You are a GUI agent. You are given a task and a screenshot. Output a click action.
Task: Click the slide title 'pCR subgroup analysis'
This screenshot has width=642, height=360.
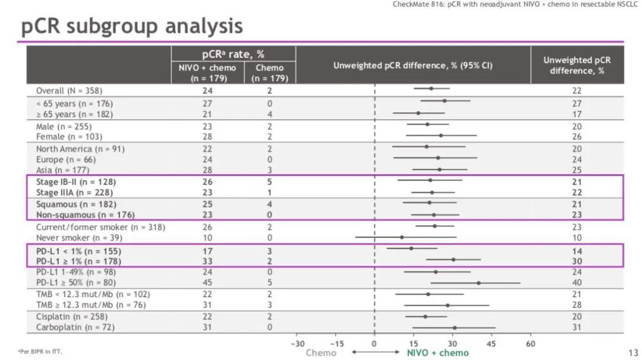(x=132, y=27)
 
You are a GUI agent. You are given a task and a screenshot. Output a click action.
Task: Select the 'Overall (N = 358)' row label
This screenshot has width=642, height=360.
(x=69, y=91)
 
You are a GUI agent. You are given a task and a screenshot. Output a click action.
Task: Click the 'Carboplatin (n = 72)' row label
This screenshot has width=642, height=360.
(x=75, y=327)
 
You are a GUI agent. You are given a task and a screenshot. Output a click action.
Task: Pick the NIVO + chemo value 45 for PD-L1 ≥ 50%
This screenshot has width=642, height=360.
(x=207, y=283)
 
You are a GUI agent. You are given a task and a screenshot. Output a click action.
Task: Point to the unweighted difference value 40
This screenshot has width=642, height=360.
(x=577, y=283)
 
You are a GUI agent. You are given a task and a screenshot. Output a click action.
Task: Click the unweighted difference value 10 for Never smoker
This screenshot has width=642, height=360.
(x=577, y=238)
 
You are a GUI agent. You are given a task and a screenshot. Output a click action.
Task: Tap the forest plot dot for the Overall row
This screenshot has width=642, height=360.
(x=431, y=89)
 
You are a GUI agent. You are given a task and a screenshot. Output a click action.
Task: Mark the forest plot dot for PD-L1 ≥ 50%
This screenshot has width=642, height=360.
(x=478, y=283)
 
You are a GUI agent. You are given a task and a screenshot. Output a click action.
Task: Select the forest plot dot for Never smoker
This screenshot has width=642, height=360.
(x=401, y=238)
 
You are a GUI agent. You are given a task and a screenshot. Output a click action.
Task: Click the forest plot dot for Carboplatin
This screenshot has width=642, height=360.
(x=455, y=328)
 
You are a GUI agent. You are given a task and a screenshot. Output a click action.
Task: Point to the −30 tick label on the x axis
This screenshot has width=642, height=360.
(x=297, y=344)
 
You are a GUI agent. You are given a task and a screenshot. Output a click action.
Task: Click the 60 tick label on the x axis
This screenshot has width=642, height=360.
(x=531, y=344)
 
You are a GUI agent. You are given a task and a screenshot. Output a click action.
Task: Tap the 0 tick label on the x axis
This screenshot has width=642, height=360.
(x=374, y=344)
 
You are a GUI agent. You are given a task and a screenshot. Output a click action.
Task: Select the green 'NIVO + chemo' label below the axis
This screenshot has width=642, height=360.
(x=438, y=353)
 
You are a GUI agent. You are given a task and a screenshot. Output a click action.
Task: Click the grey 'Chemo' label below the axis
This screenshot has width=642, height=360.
(x=320, y=353)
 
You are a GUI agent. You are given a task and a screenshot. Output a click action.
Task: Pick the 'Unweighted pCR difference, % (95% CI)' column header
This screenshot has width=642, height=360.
(x=413, y=65)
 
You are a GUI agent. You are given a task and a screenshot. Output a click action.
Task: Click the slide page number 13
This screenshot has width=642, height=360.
(x=633, y=353)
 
